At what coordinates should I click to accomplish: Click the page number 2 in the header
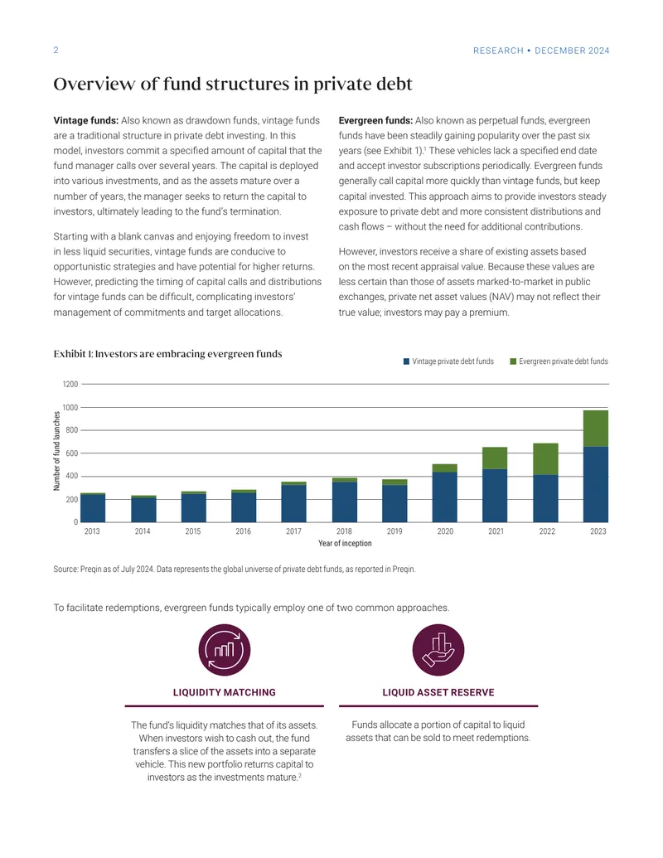click(x=56, y=51)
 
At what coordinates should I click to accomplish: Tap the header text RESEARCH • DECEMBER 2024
click(x=541, y=51)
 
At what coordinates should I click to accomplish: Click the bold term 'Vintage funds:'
click(x=86, y=120)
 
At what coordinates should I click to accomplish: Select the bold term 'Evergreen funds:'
click(x=375, y=120)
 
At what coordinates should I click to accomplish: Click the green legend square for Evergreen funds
click(x=513, y=361)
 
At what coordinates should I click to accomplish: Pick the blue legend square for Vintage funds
click(x=406, y=361)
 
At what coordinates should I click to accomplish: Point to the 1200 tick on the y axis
click(x=70, y=384)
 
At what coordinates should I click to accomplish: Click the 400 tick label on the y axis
click(x=71, y=476)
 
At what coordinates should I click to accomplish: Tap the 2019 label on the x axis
click(x=394, y=531)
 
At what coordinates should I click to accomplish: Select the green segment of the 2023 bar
click(x=596, y=429)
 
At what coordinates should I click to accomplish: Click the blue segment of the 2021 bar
click(x=495, y=496)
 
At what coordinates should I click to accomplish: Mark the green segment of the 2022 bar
click(x=545, y=459)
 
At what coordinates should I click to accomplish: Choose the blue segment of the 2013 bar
click(x=93, y=508)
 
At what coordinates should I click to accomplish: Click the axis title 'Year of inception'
click(x=345, y=543)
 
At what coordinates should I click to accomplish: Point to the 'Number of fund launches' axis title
click(x=57, y=451)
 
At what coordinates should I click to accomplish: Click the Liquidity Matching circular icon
click(x=225, y=650)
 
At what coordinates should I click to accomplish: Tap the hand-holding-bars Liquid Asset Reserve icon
click(x=438, y=650)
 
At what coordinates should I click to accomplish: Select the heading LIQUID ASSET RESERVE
click(x=438, y=692)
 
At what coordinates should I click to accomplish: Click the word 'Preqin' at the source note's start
click(x=90, y=569)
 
